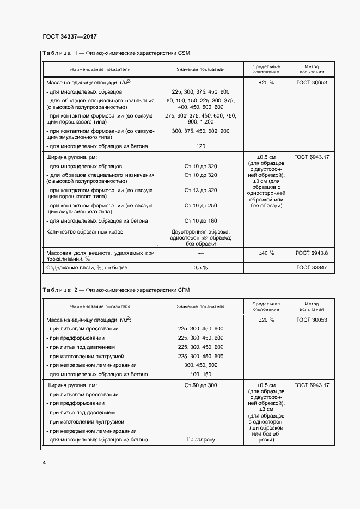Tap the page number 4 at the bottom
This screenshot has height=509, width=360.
pos(44,462)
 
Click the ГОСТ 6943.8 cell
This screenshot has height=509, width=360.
pos(312,253)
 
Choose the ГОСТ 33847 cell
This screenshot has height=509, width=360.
pos(312,268)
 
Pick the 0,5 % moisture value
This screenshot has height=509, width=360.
pos(200,268)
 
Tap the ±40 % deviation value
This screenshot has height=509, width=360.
pos(266,253)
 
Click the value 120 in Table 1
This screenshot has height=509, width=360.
pos(200,147)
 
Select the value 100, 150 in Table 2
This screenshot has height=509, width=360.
pos(200,374)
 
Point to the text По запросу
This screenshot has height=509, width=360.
pos(200,440)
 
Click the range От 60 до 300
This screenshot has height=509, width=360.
pos(200,385)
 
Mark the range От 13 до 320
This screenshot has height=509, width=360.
pos(200,190)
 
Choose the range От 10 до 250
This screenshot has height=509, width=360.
pos(200,205)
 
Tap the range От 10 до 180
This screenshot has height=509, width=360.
pos(200,220)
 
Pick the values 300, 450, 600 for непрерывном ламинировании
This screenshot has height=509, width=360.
pos(200,365)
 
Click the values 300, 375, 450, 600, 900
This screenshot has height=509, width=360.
pos(200,131)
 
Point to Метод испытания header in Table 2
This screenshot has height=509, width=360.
pos(312,306)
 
